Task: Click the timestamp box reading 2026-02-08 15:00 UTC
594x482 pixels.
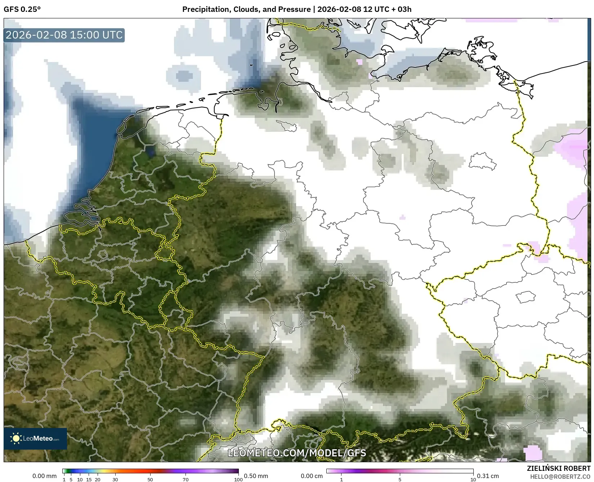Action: click(x=64, y=35)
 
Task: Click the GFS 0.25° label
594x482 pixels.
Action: click(x=22, y=9)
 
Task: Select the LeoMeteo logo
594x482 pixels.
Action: click(x=35, y=438)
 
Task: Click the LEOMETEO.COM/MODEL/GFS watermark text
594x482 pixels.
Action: click(x=297, y=453)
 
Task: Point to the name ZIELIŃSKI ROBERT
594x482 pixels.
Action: click(x=558, y=469)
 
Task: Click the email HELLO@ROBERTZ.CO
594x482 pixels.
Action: click(x=560, y=477)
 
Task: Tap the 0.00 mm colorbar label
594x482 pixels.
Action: click(x=44, y=476)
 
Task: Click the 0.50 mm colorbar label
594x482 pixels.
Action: click(x=256, y=476)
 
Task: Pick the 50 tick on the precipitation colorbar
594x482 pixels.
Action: click(x=150, y=479)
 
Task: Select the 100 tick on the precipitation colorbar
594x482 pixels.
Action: click(x=238, y=479)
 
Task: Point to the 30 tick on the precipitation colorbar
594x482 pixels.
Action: click(x=115, y=479)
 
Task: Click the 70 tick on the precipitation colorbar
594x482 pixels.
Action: click(x=186, y=479)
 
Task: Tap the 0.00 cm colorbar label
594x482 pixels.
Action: click(x=312, y=476)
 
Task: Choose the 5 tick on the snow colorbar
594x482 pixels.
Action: click(x=400, y=479)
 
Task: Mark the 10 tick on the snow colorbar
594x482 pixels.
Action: click(x=473, y=479)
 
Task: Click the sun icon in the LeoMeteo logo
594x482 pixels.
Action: click(x=16, y=438)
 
